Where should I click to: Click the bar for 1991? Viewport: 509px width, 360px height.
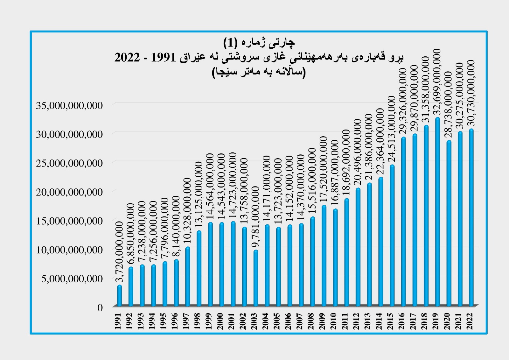[119, 296]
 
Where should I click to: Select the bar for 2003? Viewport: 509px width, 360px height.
[256, 279]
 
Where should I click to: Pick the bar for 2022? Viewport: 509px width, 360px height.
[471, 218]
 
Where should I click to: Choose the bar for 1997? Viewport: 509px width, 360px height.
[188, 277]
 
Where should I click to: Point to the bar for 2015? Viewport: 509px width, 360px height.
[392, 236]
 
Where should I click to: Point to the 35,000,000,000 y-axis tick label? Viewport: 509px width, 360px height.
[69, 105]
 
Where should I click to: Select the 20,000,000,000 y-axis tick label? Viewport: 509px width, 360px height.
[69, 192]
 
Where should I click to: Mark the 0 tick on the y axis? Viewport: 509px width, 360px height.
[100, 307]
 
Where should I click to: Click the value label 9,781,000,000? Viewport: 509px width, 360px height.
[256, 216]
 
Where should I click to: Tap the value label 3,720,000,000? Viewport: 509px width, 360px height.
[119, 252]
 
